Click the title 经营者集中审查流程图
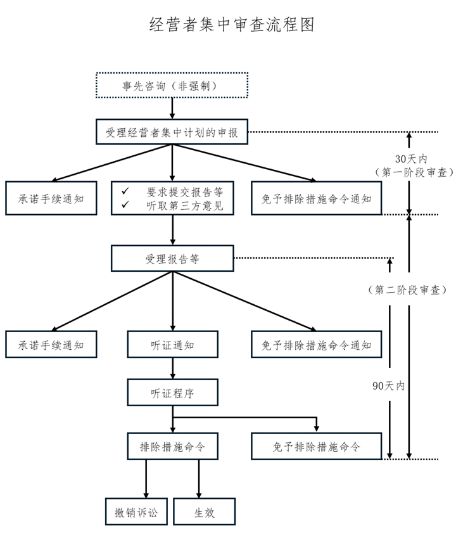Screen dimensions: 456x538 tap(232, 24)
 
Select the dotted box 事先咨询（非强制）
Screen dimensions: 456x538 tap(172, 86)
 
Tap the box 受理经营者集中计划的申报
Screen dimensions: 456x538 tap(172, 132)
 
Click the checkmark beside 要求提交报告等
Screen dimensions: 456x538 tap(125, 191)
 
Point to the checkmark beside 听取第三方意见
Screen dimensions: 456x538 tap(125, 205)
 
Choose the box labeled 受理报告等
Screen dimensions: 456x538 tap(172, 259)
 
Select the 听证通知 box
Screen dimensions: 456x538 tap(172, 345)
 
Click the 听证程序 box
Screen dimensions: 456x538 tap(172, 392)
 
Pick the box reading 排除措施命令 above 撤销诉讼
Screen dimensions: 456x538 tap(172, 446)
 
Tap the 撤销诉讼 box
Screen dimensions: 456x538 tap(136, 512)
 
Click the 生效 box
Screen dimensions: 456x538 tap(205, 512)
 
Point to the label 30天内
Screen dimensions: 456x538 tap(411, 159)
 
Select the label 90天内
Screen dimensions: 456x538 tap(388, 386)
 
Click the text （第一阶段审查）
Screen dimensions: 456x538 tap(414, 172)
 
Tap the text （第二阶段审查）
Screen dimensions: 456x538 tap(407, 290)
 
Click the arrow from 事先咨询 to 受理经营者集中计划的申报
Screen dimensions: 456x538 tap(172, 109)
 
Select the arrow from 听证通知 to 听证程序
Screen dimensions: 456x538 tap(172, 369)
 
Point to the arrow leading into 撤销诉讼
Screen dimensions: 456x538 tap(146, 478)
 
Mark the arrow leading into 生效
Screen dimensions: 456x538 tap(199, 478)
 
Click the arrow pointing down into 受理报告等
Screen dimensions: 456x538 tap(172, 230)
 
